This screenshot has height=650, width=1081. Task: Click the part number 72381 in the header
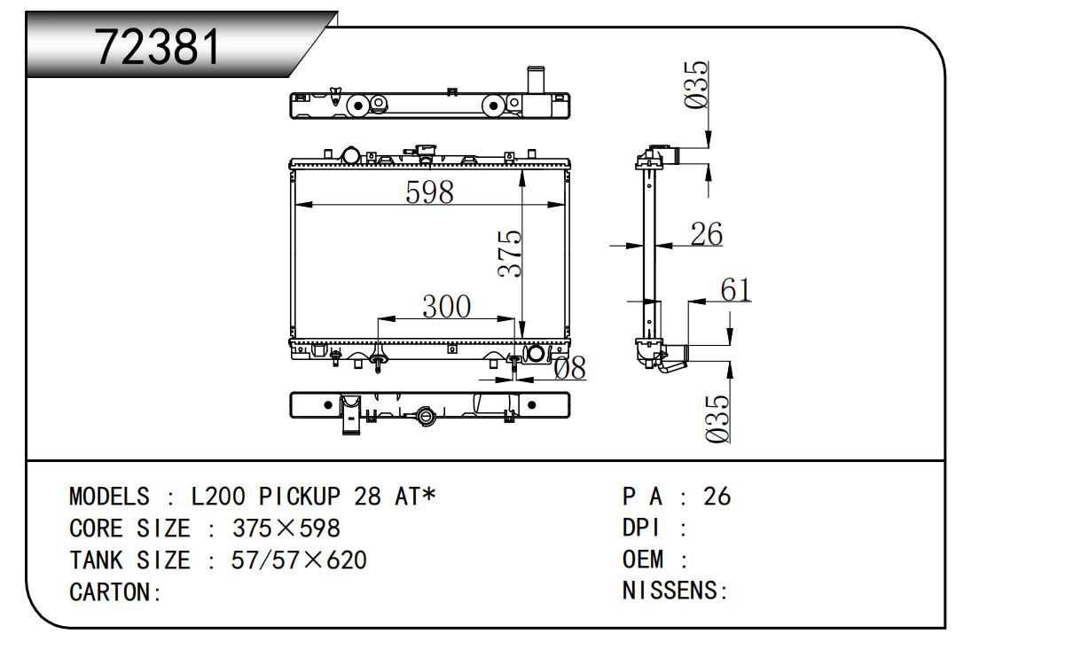[158, 46]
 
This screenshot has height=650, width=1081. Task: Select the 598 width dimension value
[429, 192]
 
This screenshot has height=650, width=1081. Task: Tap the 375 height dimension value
[509, 254]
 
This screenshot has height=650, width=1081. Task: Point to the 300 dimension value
[446, 306]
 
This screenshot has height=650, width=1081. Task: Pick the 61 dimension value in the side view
[735, 290]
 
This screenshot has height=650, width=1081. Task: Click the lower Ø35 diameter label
[720, 416]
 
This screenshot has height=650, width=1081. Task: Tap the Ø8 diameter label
[570, 367]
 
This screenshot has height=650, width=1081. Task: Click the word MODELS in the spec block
[107, 497]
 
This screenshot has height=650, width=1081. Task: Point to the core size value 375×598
[286, 529]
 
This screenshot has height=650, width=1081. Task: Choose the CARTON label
[114, 592]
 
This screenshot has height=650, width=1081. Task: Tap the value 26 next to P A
[717, 497]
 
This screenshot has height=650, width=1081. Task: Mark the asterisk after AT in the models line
[428, 495]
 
